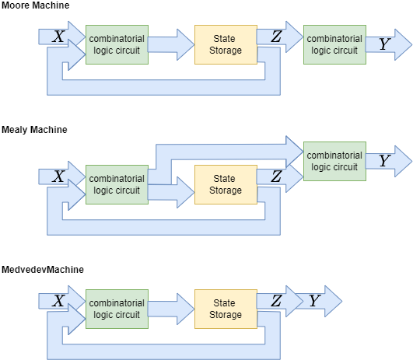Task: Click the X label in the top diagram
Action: click(x=58, y=36)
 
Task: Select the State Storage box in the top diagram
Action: click(x=226, y=44)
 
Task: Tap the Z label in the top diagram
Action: click(x=276, y=37)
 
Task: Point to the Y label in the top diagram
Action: click(x=383, y=45)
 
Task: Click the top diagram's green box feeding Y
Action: click(x=334, y=44)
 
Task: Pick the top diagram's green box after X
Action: click(x=117, y=44)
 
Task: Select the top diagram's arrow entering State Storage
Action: click(x=170, y=44)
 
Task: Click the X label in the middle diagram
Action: click(x=58, y=177)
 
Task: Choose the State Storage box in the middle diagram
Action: click(x=226, y=184)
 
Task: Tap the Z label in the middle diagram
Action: click(x=276, y=177)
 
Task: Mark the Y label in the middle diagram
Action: click(x=383, y=161)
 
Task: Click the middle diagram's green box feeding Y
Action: click(x=334, y=161)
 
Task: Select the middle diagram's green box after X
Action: click(x=117, y=184)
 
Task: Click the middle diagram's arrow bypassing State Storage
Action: click(x=226, y=149)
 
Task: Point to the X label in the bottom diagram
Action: click(x=58, y=301)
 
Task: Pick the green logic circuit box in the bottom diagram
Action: click(x=117, y=309)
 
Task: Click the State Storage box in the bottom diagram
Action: click(x=226, y=309)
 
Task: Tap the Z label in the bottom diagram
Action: click(x=276, y=301)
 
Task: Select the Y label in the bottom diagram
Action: click(x=313, y=301)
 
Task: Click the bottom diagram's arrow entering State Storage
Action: click(x=170, y=309)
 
